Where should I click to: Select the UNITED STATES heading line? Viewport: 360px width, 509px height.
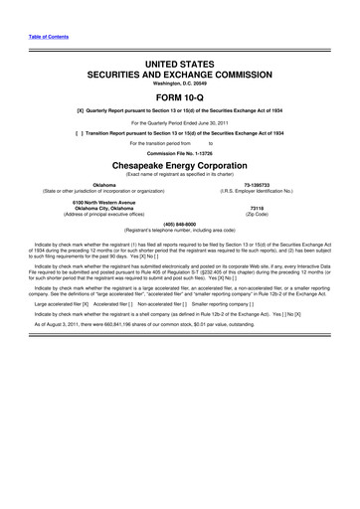point(180,63)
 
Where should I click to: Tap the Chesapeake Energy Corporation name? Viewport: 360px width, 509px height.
point(180,194)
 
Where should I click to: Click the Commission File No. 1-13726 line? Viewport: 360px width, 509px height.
point(180,179)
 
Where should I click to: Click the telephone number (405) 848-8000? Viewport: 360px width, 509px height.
point(180,253)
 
